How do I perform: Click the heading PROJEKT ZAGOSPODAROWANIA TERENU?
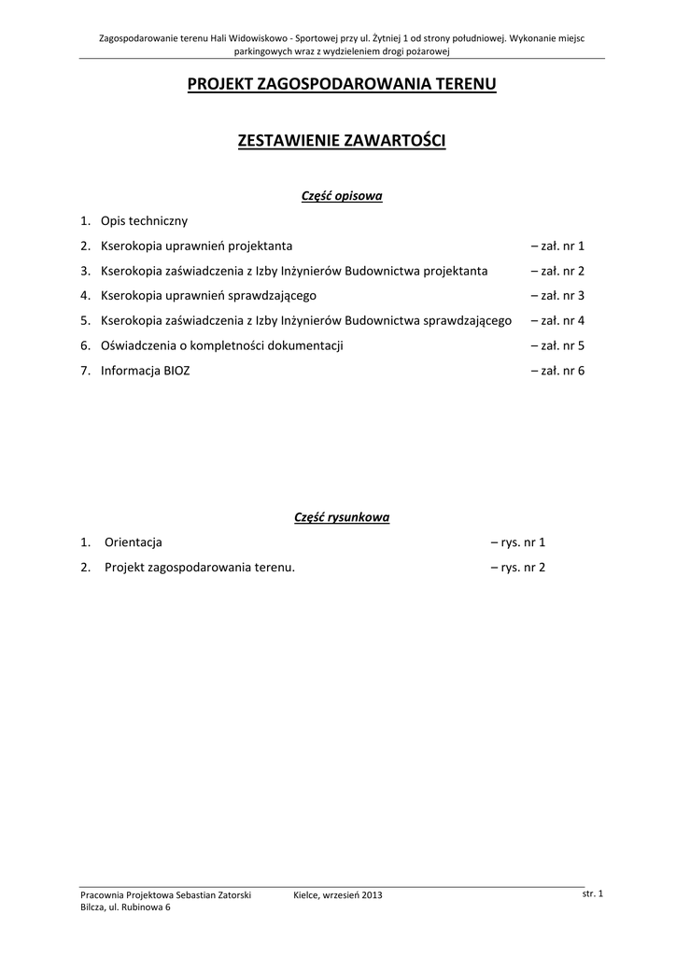click(x=342, y=85)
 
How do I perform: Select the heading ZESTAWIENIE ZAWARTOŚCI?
click(x=342, y=141)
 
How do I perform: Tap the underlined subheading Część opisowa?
click(x=342, y=196)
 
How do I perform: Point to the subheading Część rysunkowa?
click(x=342, y=516)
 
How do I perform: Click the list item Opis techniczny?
click(x=144, y=221)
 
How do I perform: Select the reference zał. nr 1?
click(x=556, y=246)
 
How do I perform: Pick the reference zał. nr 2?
click(x=556, y=272)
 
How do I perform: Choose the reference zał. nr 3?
click(x=556, y=296)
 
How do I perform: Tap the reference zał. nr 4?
click(x=556, y=321)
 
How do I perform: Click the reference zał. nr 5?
click(x=556, y=346)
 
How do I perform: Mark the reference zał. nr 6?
click(x=556, y=371)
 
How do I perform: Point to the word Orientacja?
click(x=134, y=541)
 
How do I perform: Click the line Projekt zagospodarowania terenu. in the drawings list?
click(x=200, y=567)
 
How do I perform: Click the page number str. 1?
click(x=592, y=894)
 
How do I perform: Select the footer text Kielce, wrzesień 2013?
click(x=338, y=896)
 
